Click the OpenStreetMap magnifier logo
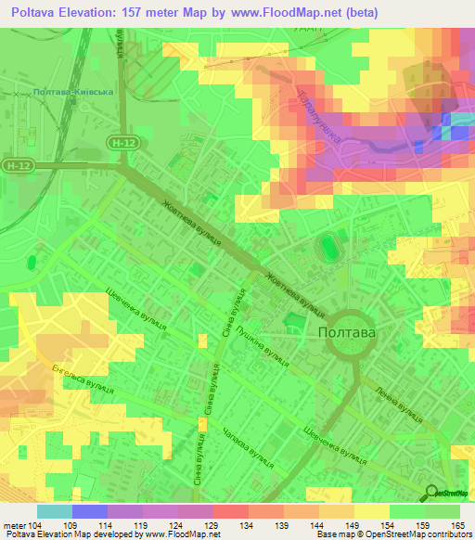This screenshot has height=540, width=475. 432,494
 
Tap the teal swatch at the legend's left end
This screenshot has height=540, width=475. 55,511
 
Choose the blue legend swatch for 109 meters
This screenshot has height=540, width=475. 90,511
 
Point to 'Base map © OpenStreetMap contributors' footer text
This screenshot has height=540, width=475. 392,534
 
